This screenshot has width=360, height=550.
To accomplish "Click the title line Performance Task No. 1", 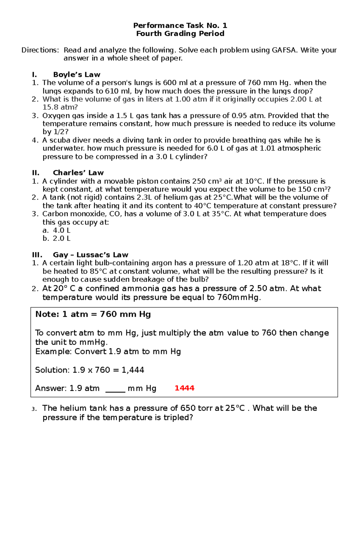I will [x=180, y=25].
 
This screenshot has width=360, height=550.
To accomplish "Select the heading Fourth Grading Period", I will [x=180, y=34].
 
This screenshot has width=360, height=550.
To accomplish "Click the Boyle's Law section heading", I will [x=76, y=75].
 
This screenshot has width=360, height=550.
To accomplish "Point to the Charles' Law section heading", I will [x=78, y=173].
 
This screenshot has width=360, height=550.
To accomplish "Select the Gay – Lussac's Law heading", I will [x=90, y=255].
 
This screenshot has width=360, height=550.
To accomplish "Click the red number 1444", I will [x=184, y=388].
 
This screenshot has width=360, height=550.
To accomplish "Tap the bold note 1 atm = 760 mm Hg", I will [x=93, y=314].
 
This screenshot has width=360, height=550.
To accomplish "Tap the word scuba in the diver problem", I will [x=60, y=140].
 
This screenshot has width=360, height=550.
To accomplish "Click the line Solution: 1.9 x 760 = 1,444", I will [x=89, y=370].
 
